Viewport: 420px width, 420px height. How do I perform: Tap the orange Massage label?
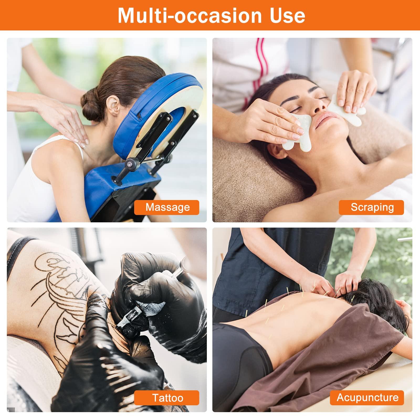click(x=167, y=207)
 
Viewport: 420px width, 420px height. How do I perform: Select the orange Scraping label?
click(x=371, y=207)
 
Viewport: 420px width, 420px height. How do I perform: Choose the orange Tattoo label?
click(x=167, y=398)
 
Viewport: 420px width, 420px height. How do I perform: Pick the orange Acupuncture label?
click(x=367, y=397)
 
